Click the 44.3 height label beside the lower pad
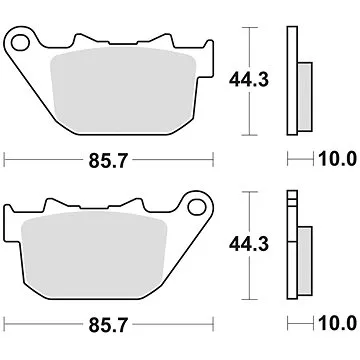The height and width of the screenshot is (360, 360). tap(256, 240)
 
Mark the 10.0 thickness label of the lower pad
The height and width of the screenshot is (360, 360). tap(337, 323)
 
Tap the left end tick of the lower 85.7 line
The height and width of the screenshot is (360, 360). tap(6, 323)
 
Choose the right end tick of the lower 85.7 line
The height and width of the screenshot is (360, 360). tap(212, 323)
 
